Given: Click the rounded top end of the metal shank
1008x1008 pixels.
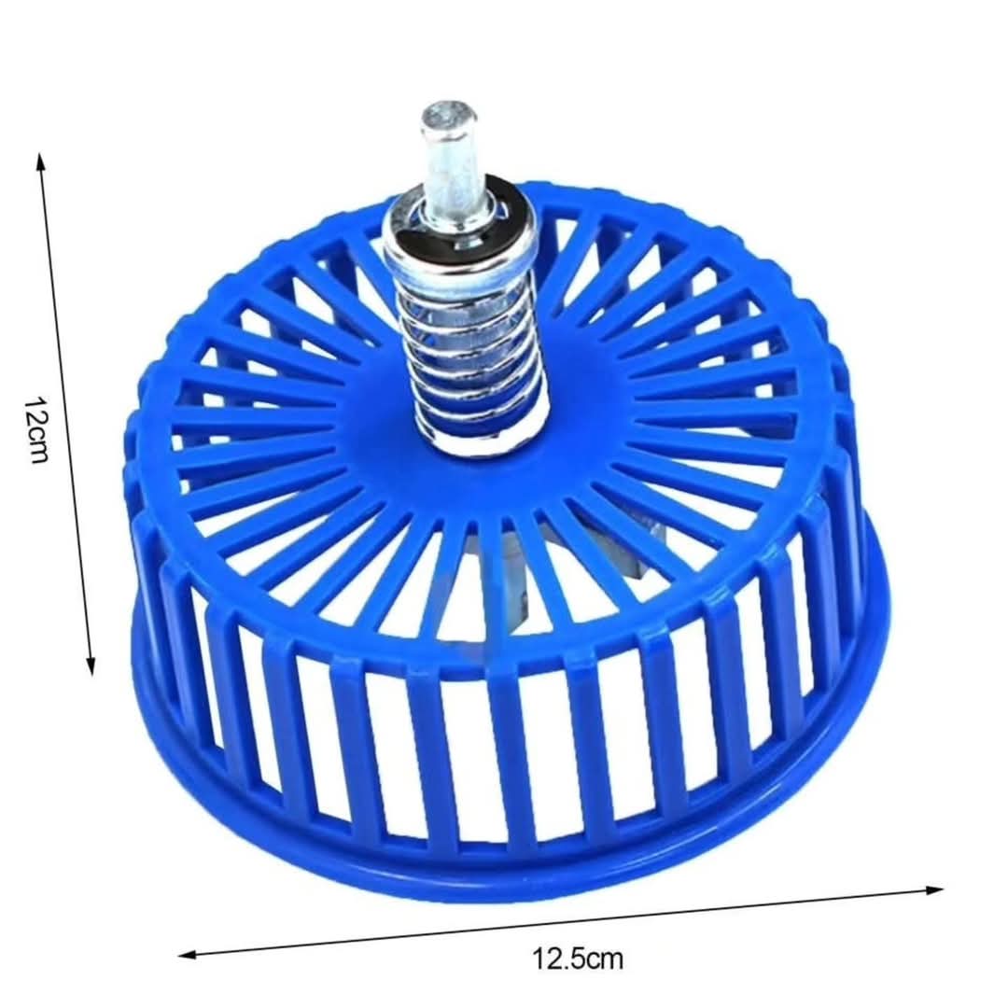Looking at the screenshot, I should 448,116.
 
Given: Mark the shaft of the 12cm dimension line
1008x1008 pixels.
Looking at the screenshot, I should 65,411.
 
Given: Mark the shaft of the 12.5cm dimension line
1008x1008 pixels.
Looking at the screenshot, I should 560,922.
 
